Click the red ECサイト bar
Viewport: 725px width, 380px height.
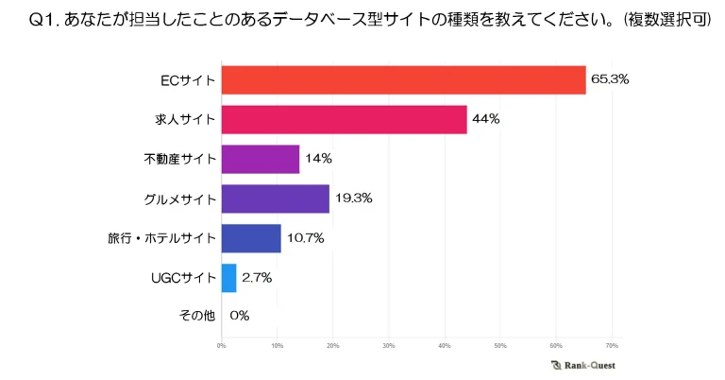[x=403, y=80]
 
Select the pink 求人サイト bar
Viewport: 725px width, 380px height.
[x=344, y=120]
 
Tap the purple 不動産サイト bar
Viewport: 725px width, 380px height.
[x=260, y=159]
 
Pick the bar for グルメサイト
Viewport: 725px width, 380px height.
[x=275, y=199]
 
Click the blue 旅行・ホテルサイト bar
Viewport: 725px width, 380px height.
[x=250, y=238]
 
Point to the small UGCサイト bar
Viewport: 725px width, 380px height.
[x=228, y=277]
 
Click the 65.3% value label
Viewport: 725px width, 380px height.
[x=610, y=79]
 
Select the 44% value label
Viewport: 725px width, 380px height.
[x=487, y=119]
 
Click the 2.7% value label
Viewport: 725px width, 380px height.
[x=257, y=277]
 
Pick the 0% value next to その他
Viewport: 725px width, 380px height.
[x=239, y=316]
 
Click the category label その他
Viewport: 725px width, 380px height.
[x=196, y=316]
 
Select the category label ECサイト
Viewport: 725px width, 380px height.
[x=187, y=80]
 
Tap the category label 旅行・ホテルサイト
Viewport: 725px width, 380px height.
[x=162, y=238]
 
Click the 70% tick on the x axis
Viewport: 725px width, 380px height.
[x=612, y=345]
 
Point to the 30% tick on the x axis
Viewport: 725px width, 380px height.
[x=389, y=345]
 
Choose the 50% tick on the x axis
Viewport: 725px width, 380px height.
[x=500, y=345]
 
